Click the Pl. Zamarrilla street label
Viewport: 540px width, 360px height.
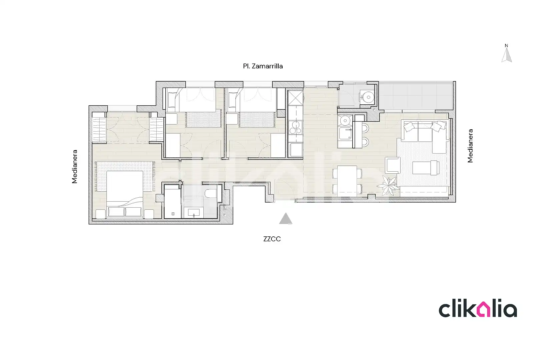point(263,66)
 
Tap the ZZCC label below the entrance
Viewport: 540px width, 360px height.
point(272,239)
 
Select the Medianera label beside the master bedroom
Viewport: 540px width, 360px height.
point(75,167)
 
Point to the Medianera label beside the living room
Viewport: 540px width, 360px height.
point(470,146)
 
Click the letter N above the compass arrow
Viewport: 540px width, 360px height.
point(506,46)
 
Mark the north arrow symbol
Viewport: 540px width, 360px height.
point(506,55)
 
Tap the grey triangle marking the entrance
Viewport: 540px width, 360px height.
point(286,218)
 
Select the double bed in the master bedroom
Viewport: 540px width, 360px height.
point(125,193)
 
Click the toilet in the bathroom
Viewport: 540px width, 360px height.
point(211,193)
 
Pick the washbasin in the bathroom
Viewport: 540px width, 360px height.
point(194,213)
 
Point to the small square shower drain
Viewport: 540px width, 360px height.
point(173,214)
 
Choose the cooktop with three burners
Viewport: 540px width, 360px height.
point(296,127)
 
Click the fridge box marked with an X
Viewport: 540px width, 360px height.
point(296,98)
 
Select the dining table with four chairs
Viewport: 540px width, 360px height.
point(347,181)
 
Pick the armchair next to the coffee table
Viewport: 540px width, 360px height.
point(393,165)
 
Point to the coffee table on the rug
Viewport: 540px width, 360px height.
point(426,168)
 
